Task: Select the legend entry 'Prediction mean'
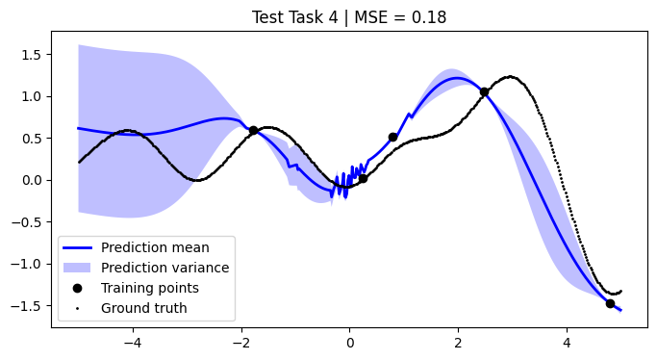pyautogui.click(x=155, y=247)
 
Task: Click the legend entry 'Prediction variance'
pyautogui.click(x=164, y=268)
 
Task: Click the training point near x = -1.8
pyautogui.click(x=253, y=131)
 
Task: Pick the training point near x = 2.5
pyautogui.click(x=485, y=92)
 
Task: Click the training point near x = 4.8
pyautogui.click(x=610, y=303)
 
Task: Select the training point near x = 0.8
pyautogui.click(x=392, y=137)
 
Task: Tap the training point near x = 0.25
pyautogui.click(x=363, y=178)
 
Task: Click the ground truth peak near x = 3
pyautogui.click(x=510, y=77)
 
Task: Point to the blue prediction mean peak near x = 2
pyautogui.click(x=459, y=79)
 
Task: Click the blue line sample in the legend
pyautogui.click(x=81, y=247)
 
